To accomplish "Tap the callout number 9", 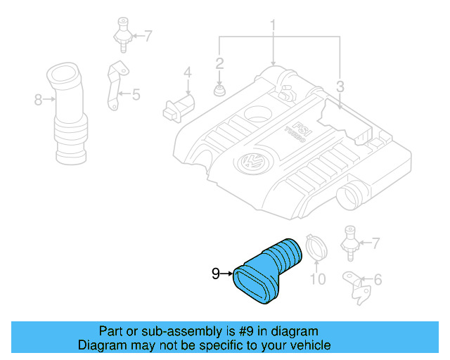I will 216,274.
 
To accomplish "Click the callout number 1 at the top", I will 274,27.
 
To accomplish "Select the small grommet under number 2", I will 219,91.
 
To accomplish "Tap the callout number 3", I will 340,88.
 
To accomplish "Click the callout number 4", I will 188,72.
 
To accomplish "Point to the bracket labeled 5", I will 114,86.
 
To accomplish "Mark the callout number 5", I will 136,93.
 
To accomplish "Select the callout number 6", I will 378,281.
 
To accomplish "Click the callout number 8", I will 39,100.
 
